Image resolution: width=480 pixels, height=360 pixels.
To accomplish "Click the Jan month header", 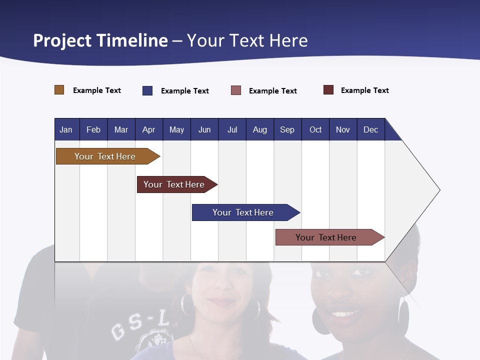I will pyautogui.click(x=66, y=129).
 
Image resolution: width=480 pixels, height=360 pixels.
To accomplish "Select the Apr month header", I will pyautogui.click(x=148, y=129).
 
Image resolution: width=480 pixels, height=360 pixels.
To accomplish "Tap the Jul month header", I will pyautogui.click(x=232, y=129).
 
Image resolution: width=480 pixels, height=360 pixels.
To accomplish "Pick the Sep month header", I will pyautogui.click(x=287, y=129).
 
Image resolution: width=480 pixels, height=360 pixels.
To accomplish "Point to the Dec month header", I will pyautogui.click(x=370, y=129).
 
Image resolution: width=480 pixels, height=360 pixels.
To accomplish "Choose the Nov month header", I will pyautogui.click(x=342, y=129).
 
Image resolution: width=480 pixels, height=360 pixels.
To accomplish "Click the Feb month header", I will pyautogui.click(x=93, y=129).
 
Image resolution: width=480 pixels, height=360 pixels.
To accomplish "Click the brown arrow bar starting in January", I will pyautogui.click(x=105, y=156).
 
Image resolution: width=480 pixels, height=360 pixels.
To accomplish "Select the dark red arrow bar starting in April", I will pyautogui.click(x=174, y=184).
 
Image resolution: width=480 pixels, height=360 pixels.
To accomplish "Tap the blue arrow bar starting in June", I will pyautogui.click(x=243, y=212).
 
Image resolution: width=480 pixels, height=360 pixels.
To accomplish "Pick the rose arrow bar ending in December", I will pyautogui.click(x=326, y=237).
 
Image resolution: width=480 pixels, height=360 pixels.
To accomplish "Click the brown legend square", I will pyautogui.click(x=59, y=90).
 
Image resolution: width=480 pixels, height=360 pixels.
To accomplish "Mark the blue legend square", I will pyautogui.click(x=147, y=90).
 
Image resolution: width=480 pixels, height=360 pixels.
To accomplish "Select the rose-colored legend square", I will pyautogui.click(x=236, y=90).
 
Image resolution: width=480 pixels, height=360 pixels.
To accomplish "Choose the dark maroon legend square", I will pyautogui.click(x=328, y=90).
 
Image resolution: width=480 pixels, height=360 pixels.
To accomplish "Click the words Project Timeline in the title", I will pyautogui.click(x=100, y=40).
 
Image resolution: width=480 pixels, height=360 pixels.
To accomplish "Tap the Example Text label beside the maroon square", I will pyautogui.click(x=364, y=90).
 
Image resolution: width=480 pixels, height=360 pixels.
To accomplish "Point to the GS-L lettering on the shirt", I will pyautogui.click(x=140, y=327).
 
